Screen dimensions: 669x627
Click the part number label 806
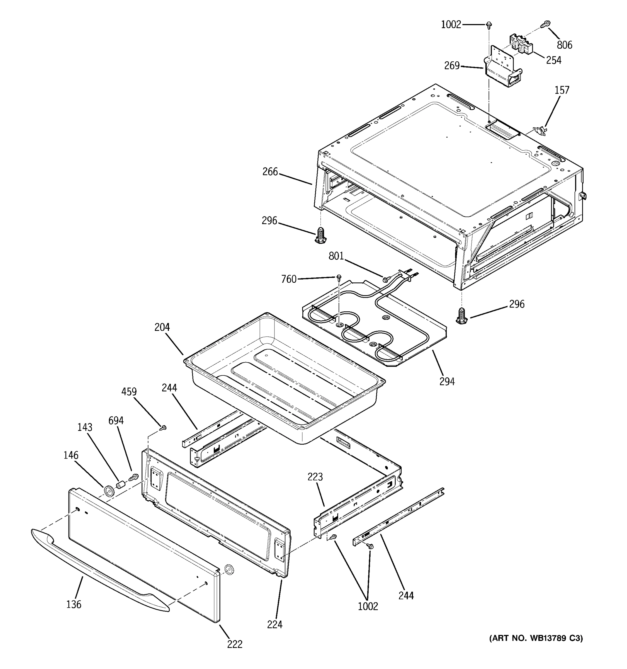point(564,45)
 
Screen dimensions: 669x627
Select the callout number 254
point(554,60)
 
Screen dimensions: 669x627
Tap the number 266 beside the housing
point(270,172)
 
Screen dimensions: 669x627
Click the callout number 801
point(336,256)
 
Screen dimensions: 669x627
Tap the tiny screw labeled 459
point(164,428)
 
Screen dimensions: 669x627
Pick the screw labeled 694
point(134,477)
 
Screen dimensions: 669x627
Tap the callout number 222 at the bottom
point(234,644)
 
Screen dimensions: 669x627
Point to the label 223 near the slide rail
point(315,477)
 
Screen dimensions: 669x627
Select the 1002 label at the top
point(451,25)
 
